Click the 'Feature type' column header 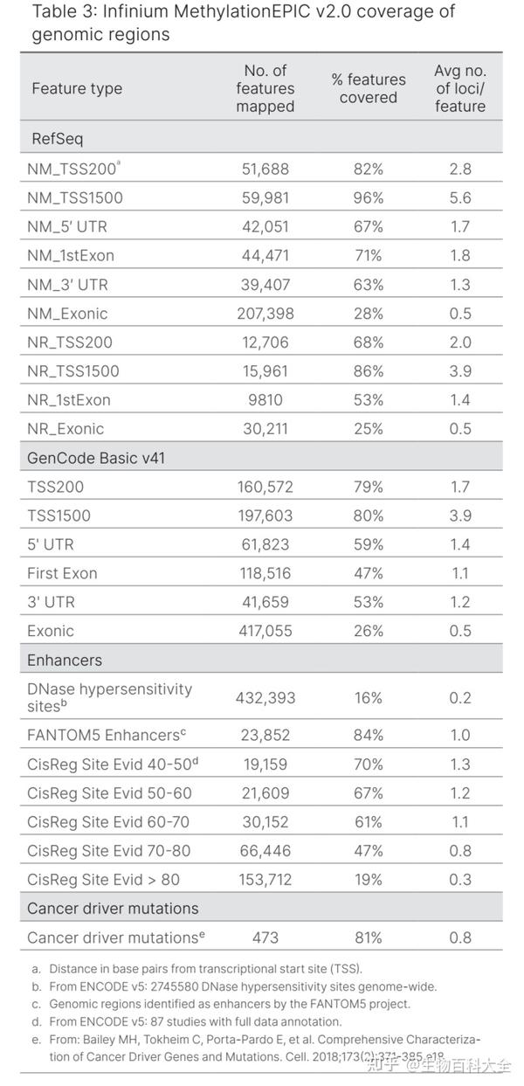pyautogui.click(x=77, y=88)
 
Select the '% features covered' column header pyautogui.click(x=368, y=88)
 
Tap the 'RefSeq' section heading pyautogui.click(x=57, y=139)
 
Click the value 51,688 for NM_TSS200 pyautogui.click(x=265, y=169)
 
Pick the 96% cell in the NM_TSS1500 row pyautogui.click(x=368, y=197)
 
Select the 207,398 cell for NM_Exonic pyautogui.click(x=265, y=313)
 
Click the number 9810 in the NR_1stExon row pyautogui.click(x=265, y=399)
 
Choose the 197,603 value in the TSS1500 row pyautogui.click(x=265, y=515)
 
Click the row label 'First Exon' pyautogui.click(x=62, y=573)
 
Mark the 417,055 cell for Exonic pyautogui.click(x=265, y=631)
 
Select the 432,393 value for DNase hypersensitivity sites pyautogui.click(x=265, y=698)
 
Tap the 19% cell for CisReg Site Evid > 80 pyautogui.click(x=368, y=879)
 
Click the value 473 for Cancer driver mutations pyautogui.click(x=265, y=937)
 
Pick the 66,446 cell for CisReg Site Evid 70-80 pyautogui.click(x=265, y=850)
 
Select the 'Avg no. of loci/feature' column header pyautogui.click(x=459, y=88)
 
